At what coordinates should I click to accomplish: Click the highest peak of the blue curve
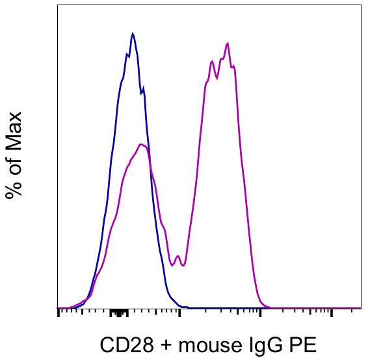(x=133, y=33)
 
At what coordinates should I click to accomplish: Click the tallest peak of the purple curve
(x=227, y=44)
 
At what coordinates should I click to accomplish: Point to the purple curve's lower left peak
(x=142, y=145)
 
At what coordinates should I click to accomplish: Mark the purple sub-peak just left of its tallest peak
(x=212, y=62)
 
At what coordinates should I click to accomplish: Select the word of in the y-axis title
(x=14, y=162)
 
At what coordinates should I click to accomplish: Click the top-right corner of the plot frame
(x=361, y=5)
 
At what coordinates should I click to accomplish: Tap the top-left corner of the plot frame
(x=57, y=5)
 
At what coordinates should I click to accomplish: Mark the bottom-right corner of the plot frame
(x=361, y=308)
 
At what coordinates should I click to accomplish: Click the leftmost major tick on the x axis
(x=59, y=313)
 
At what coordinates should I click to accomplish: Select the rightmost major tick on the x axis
(x=332, y=313)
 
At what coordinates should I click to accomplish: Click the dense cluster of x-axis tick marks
(x=119, y=312)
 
